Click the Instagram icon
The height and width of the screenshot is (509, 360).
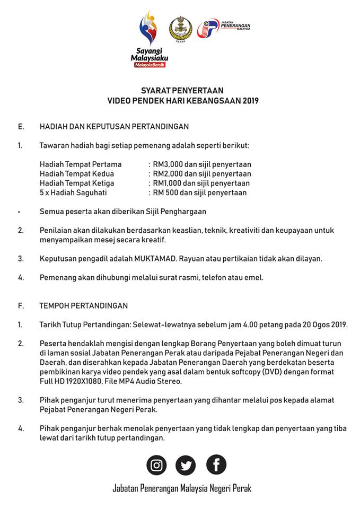(156, 466)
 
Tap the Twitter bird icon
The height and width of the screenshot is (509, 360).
(186, 466)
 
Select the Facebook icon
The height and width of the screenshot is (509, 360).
(216, 465)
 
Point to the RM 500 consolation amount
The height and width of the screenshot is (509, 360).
(165, 193)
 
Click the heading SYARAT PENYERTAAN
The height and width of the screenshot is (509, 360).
(182, 91)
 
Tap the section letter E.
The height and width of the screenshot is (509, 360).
(21, 127)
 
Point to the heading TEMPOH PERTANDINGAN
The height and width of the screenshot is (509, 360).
(83, 306)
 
